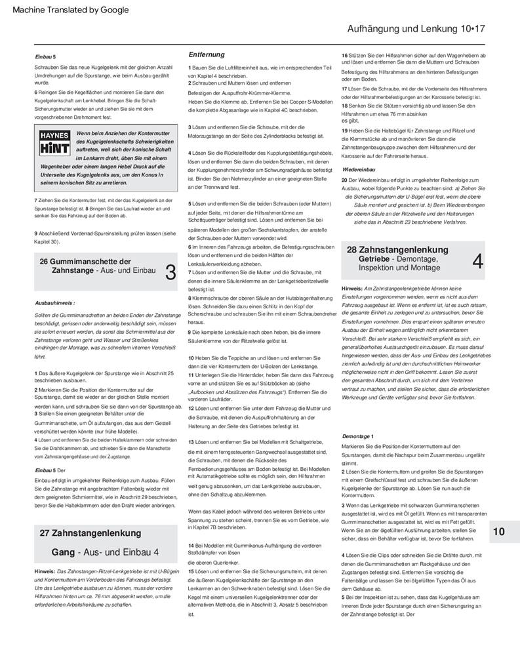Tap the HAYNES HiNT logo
(54, 144)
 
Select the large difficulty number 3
(170, 272)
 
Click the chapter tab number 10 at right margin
(499, 532)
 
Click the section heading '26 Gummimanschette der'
(85, 261)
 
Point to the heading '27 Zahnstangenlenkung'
(90, 533)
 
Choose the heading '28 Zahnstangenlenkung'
(397, 250)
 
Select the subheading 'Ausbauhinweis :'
(54, 302)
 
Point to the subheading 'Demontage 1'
(358, 436)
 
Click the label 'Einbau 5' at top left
(45, 58)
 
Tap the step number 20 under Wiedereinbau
(345, 179)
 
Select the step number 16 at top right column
(345, 55)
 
